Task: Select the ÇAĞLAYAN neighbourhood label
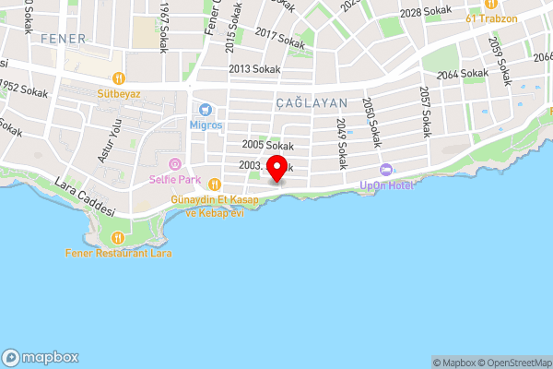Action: pos(310,103)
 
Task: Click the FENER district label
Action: pos(63,39)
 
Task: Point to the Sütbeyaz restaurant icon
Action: pos(119,77)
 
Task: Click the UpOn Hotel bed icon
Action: pos(385,170)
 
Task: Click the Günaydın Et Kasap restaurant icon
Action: pos(215,183)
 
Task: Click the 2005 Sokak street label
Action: pos(267,145)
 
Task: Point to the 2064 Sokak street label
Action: pos(462,73)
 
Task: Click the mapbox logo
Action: pos(41,358)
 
